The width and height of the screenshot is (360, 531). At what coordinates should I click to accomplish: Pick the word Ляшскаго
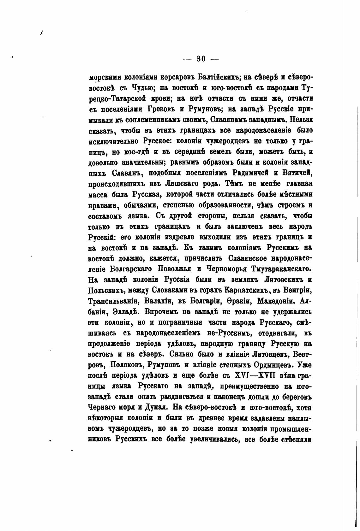(183, 184)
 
